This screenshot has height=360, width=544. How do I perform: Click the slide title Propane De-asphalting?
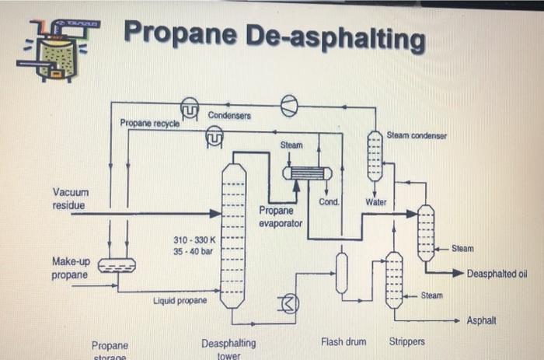tap(274, 37)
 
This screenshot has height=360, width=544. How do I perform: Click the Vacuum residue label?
tap(71, 198)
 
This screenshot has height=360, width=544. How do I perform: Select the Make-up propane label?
tap(70, 267)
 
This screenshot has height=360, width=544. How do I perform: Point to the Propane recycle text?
tap(149, 124)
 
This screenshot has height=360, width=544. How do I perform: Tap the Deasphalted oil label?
tap(497, 274)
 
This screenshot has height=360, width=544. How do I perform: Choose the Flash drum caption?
tap(343, 341)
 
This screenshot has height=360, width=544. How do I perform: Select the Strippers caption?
tap(407, 341)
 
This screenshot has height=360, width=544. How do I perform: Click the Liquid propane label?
tap(180, 300)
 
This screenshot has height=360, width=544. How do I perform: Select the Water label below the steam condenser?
tap(375, 203)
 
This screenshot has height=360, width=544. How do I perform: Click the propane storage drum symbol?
tap(118, 267)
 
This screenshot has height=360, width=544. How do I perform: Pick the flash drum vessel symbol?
tap(341, 273)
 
